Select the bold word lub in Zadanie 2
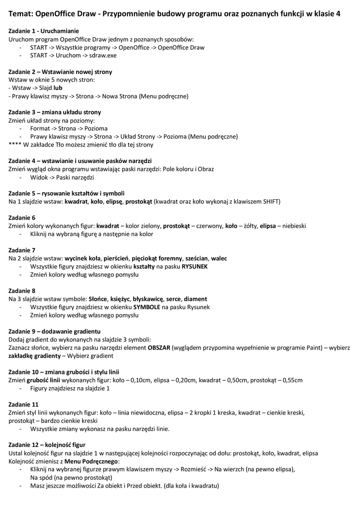(58, 88)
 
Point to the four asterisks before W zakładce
(14, 145)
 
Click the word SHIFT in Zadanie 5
(270, 201)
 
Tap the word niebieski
(293, 226)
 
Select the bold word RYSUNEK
(194, 266)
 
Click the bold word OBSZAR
(161, 347)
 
